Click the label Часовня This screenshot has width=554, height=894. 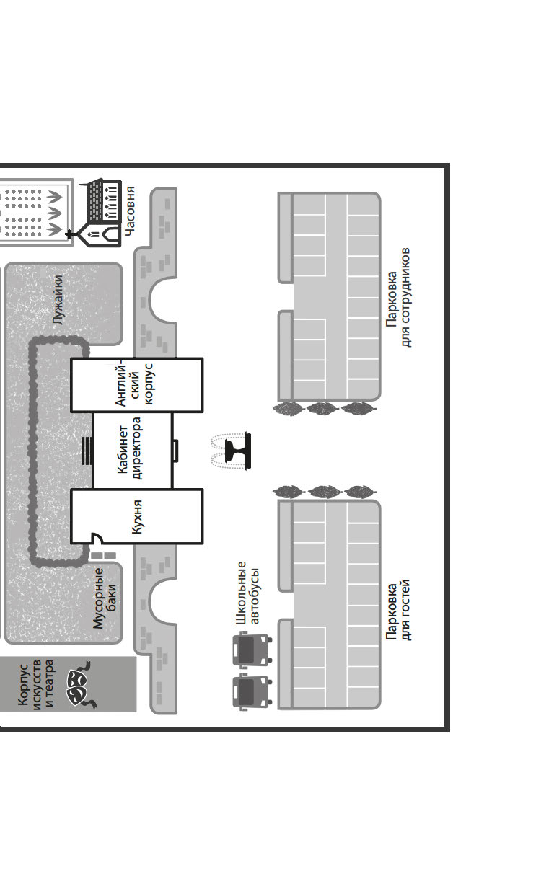[x=130, y=208]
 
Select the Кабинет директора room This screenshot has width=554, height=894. [x=132, y=451]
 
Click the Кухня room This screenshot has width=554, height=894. [x=137, y=517]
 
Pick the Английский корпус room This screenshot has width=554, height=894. [x=137, y=385]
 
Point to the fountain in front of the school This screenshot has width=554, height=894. [x=232, y=451]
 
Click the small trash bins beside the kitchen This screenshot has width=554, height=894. [x=103, y=556]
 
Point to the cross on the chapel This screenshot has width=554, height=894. [x=71, y=234]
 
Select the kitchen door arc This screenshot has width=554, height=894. [x=95, y=538]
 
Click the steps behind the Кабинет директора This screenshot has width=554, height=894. [x=87, y=451]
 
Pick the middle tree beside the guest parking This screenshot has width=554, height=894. [x=322, y=492]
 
